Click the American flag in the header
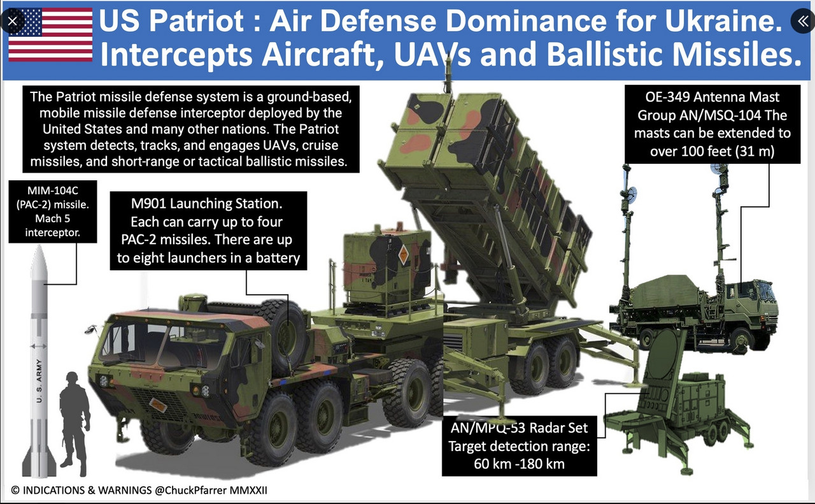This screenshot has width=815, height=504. [50, 34]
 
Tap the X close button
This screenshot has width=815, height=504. [12, 21]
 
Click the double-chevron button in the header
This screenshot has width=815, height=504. [803, 21]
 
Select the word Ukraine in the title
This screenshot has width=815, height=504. [723, 21]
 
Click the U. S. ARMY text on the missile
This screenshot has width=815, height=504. [39, 380]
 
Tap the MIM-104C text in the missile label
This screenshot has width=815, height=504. [53, 191]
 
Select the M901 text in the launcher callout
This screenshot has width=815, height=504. [146, 203]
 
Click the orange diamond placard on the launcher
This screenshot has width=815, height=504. [403, 255]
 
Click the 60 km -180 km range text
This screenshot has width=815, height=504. [519, 464]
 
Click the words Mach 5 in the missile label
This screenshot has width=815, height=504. [53, 219]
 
